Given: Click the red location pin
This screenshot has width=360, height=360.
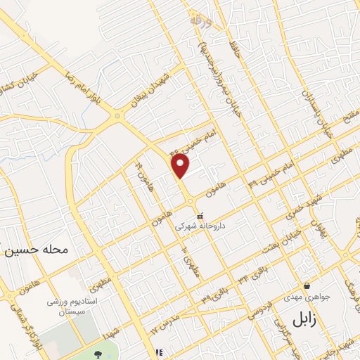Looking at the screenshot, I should (181, 166).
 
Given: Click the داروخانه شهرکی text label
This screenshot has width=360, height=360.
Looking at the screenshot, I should (202, 226).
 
